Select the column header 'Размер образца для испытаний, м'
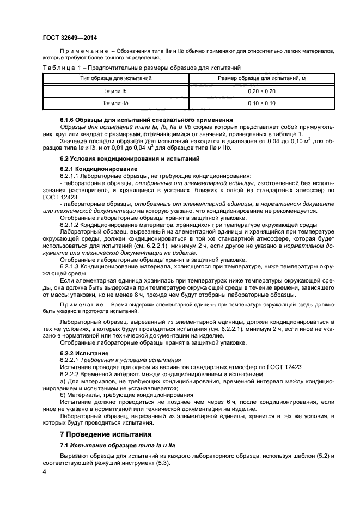point(261,79)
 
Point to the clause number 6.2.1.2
point(70,225)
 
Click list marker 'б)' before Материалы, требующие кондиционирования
point(63,395)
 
